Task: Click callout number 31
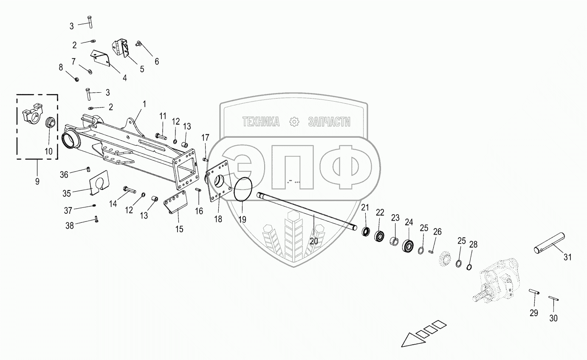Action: pyautogui.click(x=567, y=257)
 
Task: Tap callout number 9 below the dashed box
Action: pyautogui.click(x=37, y=181)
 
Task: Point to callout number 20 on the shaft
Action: pyautogui.click(x=314, y=241)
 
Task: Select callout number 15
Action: pyautogui.click(x=180, y=229)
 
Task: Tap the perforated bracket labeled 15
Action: pyautogui.click(x=176, y=203)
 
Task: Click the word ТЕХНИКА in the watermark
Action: pyautogui.click(x=261, y=122)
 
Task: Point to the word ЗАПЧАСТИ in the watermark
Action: pyautogui.click(x=329, y=122)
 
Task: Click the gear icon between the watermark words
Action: pyautogui.click(x=294, y=122)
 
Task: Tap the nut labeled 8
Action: pyautogui.click(x=76, y=79)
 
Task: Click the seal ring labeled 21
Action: pyautogui.click(x=365, y=232)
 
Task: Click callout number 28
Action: pyautogui.click(x=473, y=244)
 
